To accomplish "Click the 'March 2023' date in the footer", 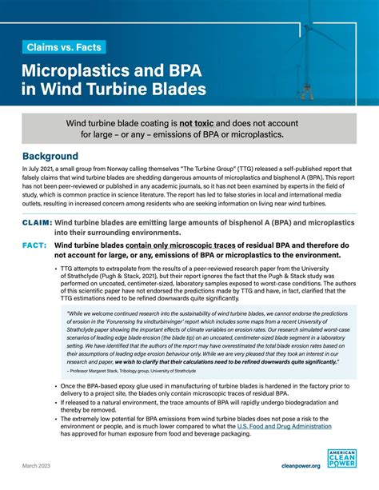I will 38,465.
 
